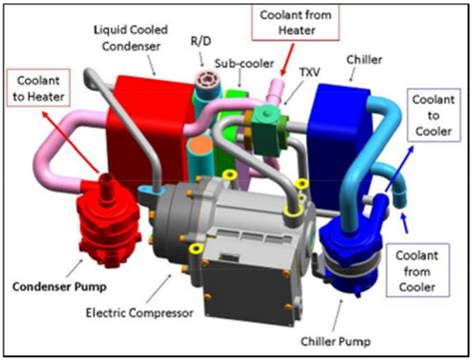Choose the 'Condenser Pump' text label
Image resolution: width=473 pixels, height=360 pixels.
(60, 278)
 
